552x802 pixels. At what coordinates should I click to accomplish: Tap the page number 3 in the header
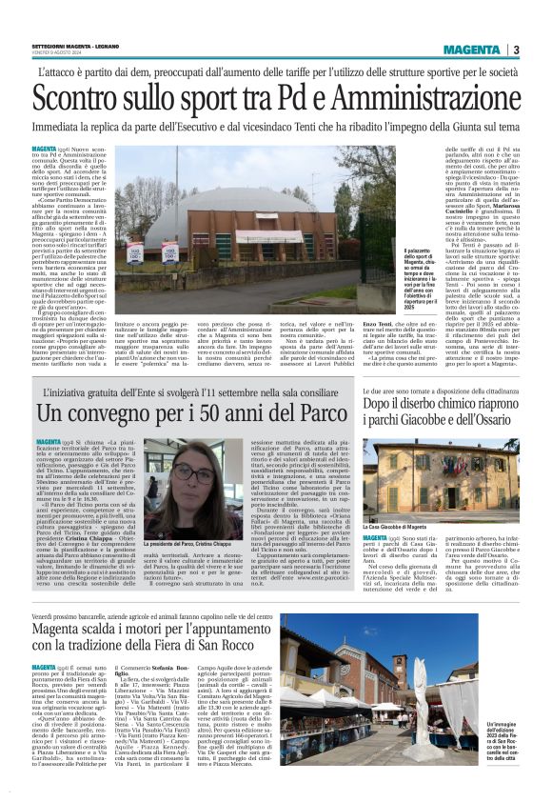pyautogui.click(x=516, y=50)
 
